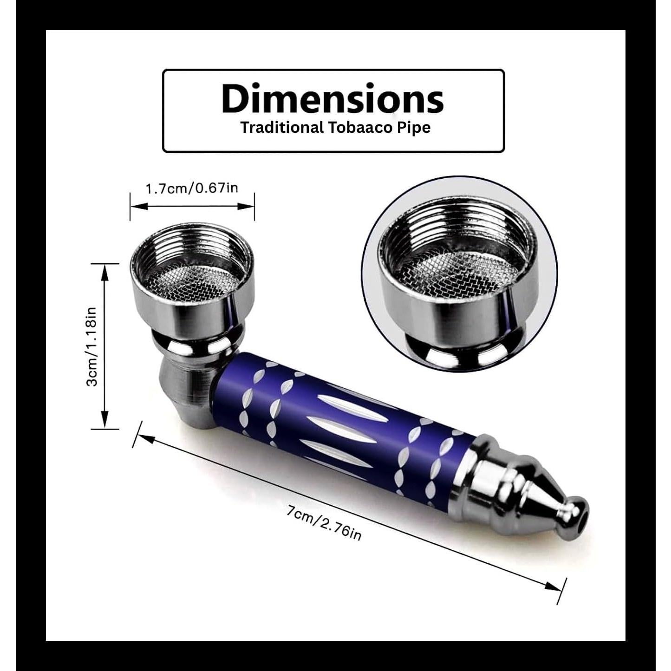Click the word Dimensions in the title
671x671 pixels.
click(332, 98)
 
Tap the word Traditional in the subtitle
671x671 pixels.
click(282, 128)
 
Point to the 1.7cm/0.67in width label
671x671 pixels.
click(192, 189)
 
